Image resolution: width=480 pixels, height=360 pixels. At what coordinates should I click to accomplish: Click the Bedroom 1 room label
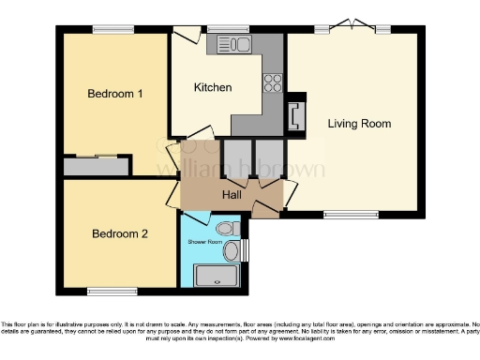[115, 94]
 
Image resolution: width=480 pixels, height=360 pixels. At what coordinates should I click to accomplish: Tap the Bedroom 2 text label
[119, 233]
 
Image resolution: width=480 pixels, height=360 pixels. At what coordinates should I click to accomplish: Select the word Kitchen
[213, 87]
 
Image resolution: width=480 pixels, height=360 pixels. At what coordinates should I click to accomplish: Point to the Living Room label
[359, 123]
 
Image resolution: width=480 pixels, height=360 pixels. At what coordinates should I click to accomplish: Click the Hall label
[232, 195]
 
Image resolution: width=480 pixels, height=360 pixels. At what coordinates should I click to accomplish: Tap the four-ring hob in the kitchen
[274, 82]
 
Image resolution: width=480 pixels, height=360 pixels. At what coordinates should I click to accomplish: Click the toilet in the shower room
[224, 229]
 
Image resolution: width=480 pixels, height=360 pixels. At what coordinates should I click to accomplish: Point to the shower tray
[217, 275]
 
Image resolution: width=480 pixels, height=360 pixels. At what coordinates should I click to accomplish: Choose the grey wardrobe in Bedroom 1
[96, 166]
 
